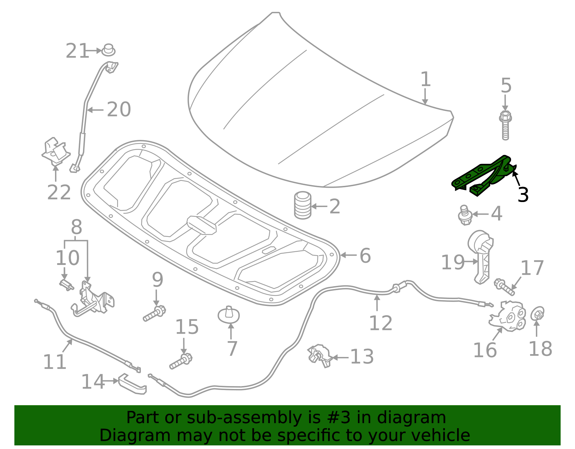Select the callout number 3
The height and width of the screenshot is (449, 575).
pos(523,195)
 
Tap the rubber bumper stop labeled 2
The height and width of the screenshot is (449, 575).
pos(303,205)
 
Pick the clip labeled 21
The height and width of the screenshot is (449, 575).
pos(108,50)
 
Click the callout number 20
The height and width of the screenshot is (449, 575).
pos(119,109)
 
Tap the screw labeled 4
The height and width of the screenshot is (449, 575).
pos(465,215)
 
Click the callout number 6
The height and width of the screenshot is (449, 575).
pos(365,256)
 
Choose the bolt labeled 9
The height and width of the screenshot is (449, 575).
pos(154,313)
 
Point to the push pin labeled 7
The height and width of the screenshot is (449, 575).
pos(229,315)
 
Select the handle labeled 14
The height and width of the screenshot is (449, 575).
pos(132,384)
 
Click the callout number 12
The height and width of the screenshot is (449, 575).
pos(381,323)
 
